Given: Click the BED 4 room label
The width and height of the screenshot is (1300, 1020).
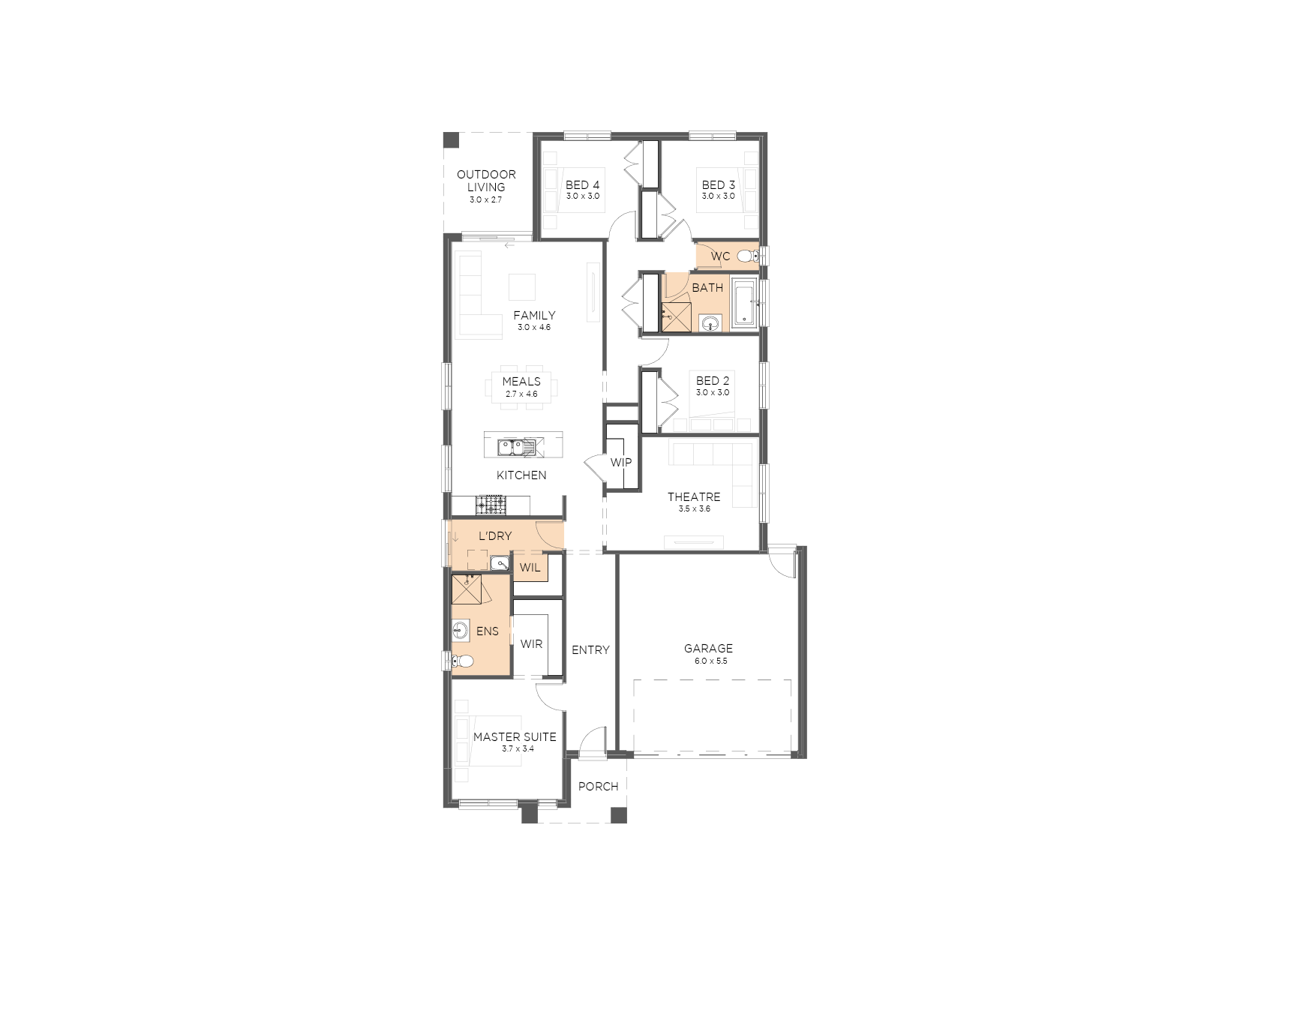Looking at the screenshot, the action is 582,184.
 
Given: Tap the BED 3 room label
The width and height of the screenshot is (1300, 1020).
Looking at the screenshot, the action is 718,184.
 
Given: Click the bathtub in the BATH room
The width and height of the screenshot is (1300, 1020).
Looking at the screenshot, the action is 744,303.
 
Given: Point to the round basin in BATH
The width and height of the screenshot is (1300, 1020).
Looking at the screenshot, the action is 710,323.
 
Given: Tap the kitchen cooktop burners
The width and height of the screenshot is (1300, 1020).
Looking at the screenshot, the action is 491,504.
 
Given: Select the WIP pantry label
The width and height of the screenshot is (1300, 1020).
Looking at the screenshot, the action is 620,462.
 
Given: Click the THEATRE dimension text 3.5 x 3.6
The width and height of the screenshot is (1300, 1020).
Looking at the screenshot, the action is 694,508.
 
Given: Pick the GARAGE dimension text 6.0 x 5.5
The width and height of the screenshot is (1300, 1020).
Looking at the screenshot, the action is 710,661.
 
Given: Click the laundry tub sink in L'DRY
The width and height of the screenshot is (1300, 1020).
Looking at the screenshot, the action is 500,562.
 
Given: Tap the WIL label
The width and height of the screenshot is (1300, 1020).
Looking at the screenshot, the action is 530,568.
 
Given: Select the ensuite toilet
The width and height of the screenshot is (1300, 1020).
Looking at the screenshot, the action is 463,661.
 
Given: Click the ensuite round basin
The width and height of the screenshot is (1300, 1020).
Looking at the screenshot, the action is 460,630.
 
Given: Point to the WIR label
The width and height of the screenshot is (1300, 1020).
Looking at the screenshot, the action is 531,644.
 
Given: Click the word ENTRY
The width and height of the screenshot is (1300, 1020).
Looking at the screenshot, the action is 590,650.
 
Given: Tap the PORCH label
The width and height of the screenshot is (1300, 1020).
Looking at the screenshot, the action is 598,786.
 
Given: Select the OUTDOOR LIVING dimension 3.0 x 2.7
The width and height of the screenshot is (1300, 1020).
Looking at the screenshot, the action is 485,200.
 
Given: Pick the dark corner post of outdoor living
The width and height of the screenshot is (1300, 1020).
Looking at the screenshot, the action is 451,140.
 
